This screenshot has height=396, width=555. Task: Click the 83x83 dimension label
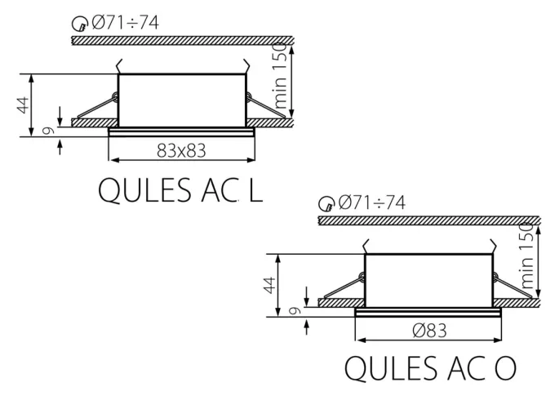pos(181,150)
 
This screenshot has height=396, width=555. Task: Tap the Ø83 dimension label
pos(428,330)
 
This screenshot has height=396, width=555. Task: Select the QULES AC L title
pos(180,189)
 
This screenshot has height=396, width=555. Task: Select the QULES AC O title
pos(430,369)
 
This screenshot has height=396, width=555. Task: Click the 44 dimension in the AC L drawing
pos(24,105)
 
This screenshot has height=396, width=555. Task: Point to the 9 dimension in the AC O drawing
pos(296,310)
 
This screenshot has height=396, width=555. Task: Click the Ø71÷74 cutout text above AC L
pos(125,22)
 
